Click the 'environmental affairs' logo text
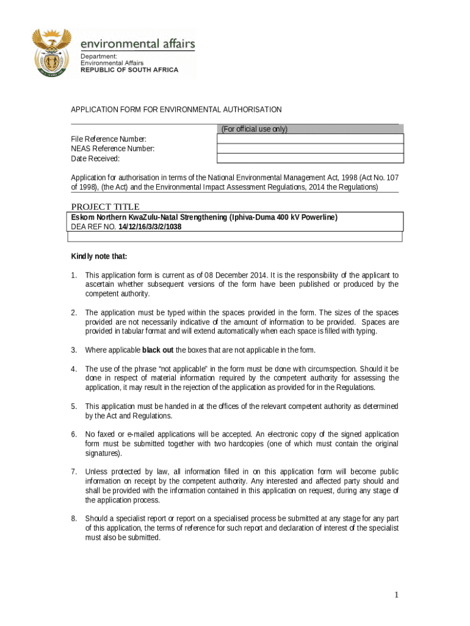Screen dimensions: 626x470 138,43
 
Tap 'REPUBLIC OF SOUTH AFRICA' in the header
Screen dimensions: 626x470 129,70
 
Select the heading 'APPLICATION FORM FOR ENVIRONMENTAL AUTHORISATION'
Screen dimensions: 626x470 176,109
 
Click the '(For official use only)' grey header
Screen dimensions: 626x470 254,129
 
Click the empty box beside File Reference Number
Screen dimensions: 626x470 310,139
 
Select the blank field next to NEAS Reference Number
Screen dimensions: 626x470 310,149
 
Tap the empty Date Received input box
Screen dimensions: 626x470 310,158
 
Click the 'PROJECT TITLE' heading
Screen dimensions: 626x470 105,207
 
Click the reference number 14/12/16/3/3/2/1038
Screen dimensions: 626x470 150,227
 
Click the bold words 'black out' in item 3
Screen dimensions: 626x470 157,350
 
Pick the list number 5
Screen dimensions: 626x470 73,407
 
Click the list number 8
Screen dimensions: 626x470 73,519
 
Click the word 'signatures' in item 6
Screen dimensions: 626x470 103,454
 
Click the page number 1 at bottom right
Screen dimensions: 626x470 396,595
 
